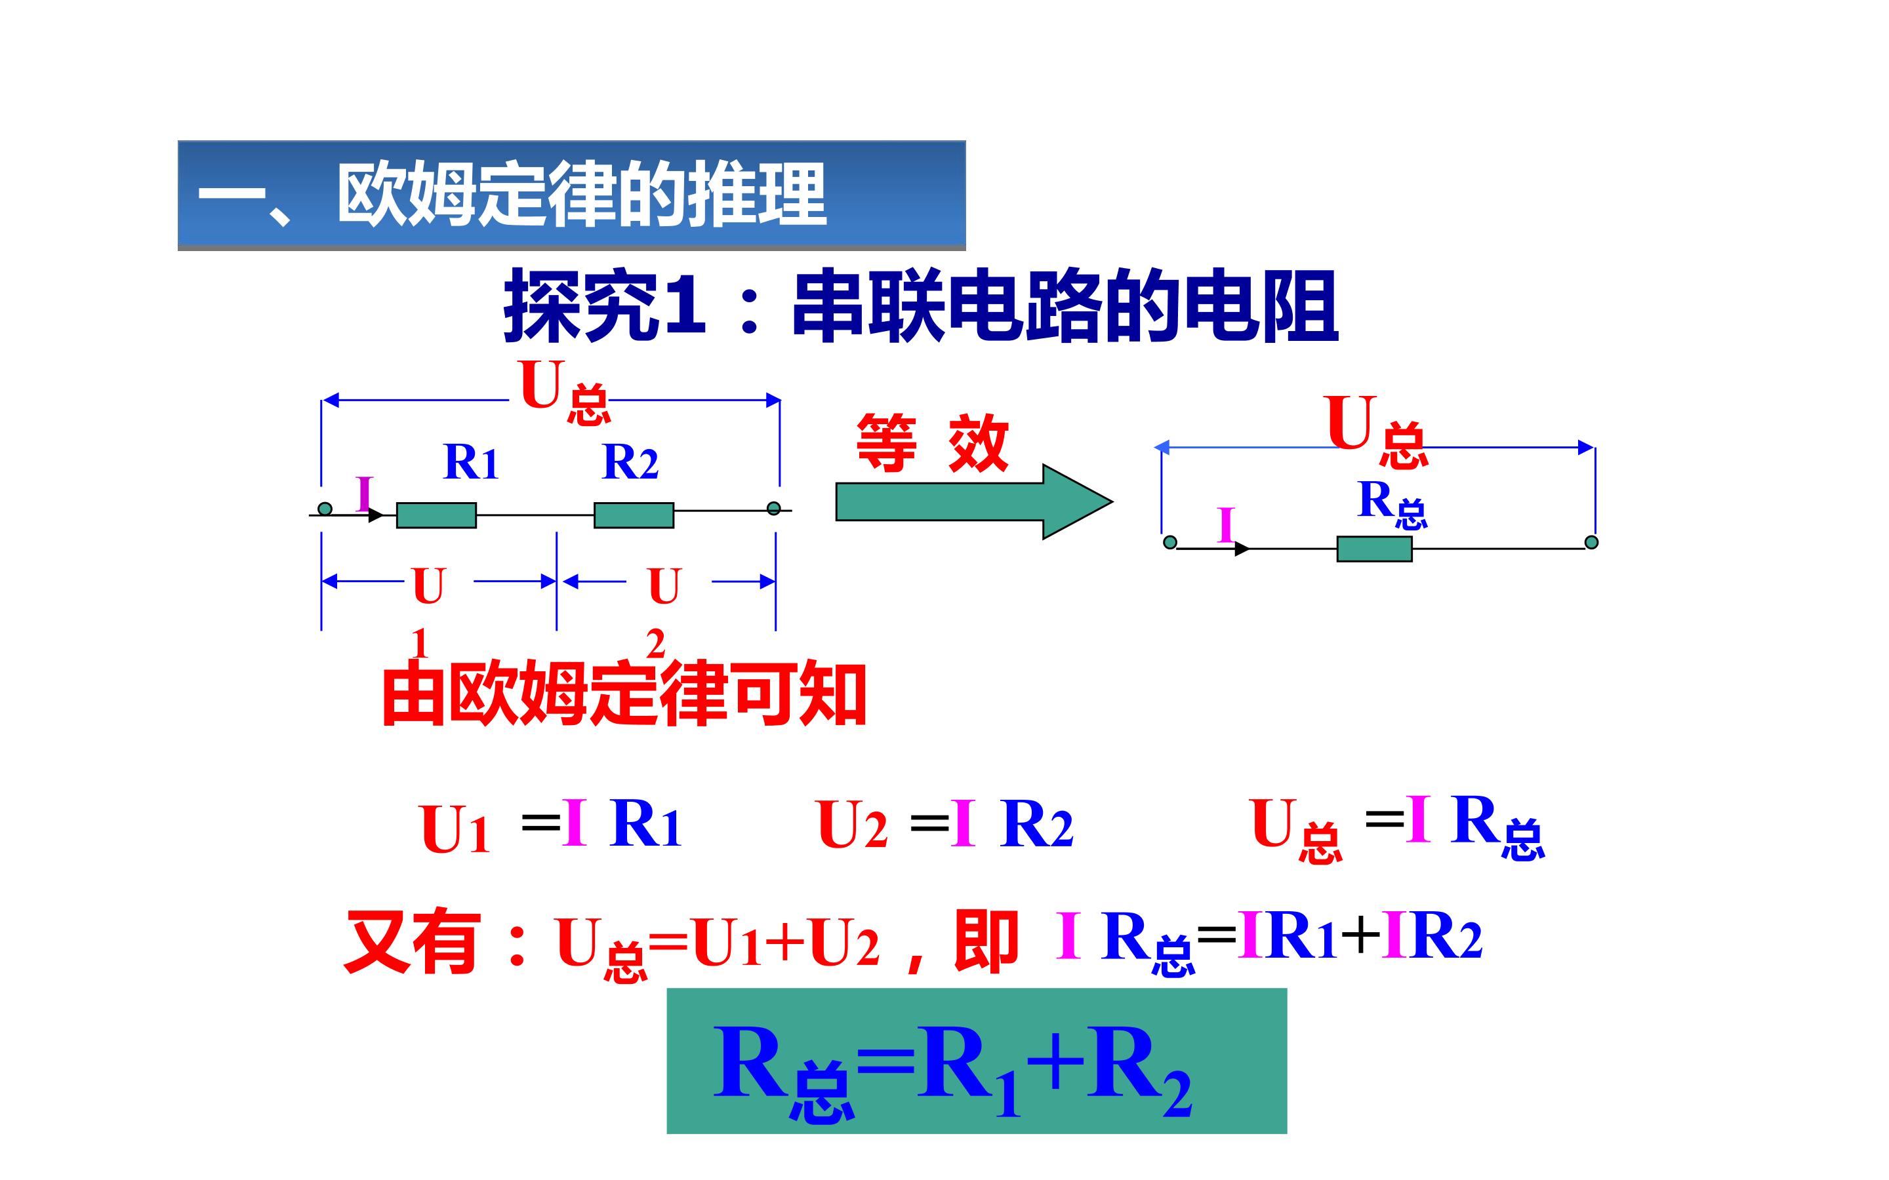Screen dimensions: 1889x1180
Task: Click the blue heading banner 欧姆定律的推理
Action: pyautogui.click(x=571, y=195)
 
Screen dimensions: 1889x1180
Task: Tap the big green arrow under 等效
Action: pyautogui.click(x=973, y=501)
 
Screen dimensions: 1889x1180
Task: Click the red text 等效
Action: pyautogui.click(x=933, y=442)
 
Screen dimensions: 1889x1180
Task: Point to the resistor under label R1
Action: pyautogui.click(x=436, y=515)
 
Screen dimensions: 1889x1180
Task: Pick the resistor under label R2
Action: pyautogui.click(x=634, y=515)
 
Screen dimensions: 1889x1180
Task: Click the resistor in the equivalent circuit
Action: pyautogui.click(x=1375, y=549)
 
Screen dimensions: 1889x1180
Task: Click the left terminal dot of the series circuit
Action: pyautogui.click(x=325, y=509)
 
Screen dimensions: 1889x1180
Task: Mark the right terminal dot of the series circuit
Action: pyautogui.click(x=773, y=509)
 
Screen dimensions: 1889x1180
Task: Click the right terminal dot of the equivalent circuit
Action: pyautogui.click(x=1592, y=541)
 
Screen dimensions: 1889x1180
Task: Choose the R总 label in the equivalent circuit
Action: pyautogui.click(x=1392, y=504)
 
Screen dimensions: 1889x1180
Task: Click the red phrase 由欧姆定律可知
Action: pyautogui.click(x=624, y=694)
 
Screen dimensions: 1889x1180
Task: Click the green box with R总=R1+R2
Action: pyautogui.click(x=977, y=1061)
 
